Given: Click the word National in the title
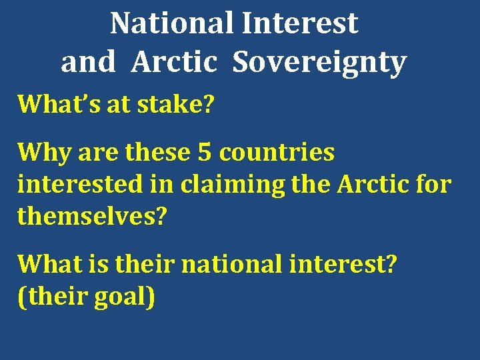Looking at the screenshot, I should click(173, 23).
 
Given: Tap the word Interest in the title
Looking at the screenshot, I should click(300, 23).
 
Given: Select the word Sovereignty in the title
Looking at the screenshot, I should click(319, 63).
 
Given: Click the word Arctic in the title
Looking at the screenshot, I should click(175, 63).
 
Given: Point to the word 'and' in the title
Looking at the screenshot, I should click(87, 63).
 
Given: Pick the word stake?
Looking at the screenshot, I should click(176, 105).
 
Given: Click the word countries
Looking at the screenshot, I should click(277, 153).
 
